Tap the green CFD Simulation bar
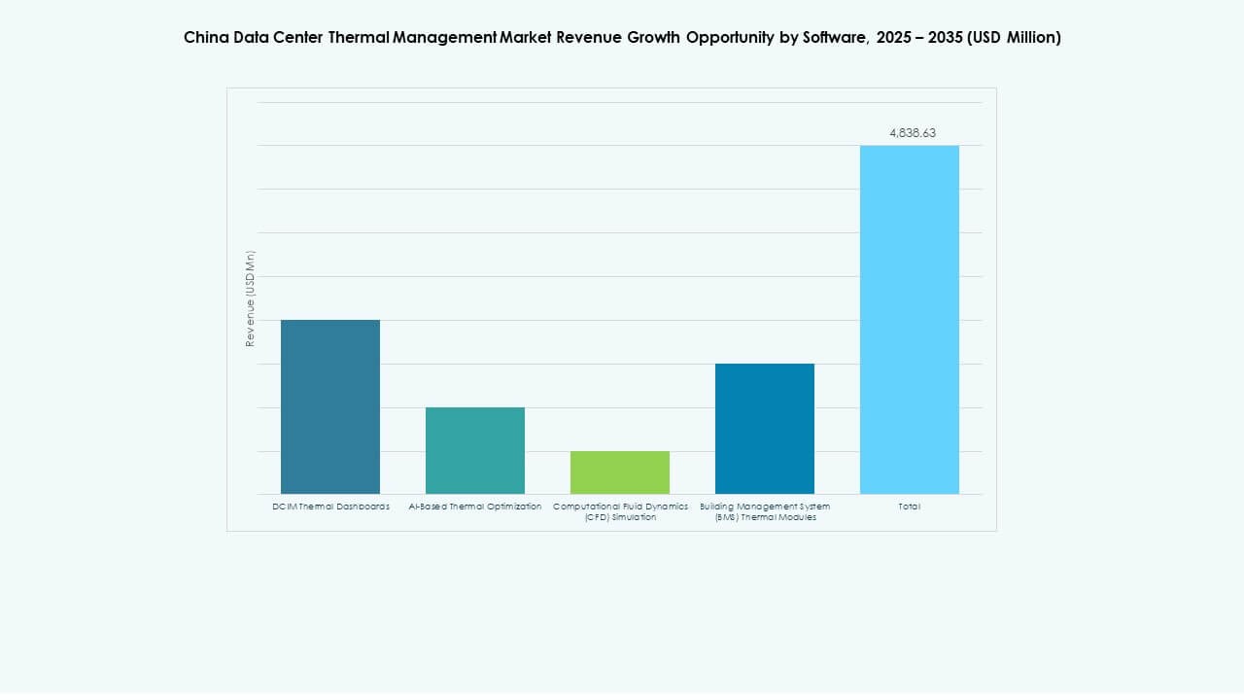point(620,472)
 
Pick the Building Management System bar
point(765,429)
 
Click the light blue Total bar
point(910,320)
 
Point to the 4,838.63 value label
point(912,133)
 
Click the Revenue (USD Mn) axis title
point(251,298)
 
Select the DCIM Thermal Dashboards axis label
point(330,507)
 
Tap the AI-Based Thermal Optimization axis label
point(475,507)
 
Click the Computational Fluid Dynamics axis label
point(620,511)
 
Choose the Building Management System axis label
point(765,511)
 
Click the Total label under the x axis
point(910,507)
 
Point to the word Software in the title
point(833,38)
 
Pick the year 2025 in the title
point(895,38)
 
